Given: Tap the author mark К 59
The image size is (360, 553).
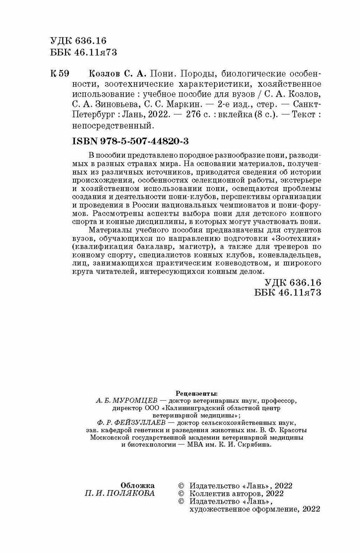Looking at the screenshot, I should pos(60,74).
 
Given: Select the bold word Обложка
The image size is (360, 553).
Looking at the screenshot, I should pos(137,486).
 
